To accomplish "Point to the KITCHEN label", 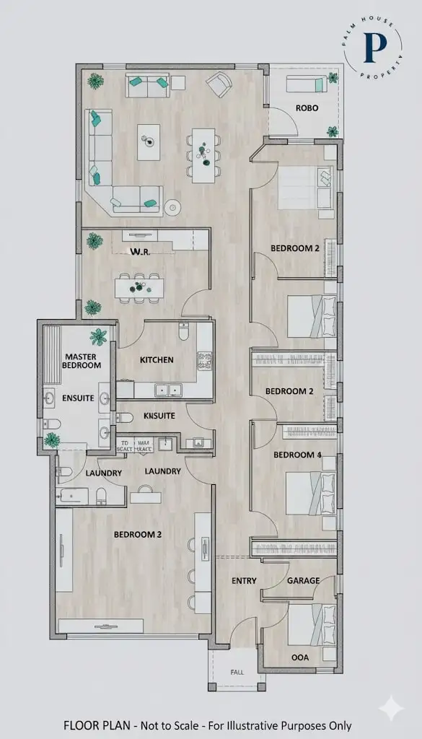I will (157, 359).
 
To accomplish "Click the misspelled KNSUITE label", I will (159, 416).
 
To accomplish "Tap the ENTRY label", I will (245, 581).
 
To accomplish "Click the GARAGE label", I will (303, 581).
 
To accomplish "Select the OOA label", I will (300, 657).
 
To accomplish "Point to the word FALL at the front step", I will (237, 672).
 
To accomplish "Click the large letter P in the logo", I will (374, 46).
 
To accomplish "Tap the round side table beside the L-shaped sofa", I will (172, 208).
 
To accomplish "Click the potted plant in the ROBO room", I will (332, 131).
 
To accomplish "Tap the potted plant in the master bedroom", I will (98, 336).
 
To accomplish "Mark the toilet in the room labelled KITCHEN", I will (183, 333).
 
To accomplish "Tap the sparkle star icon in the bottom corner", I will (390, 708).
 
